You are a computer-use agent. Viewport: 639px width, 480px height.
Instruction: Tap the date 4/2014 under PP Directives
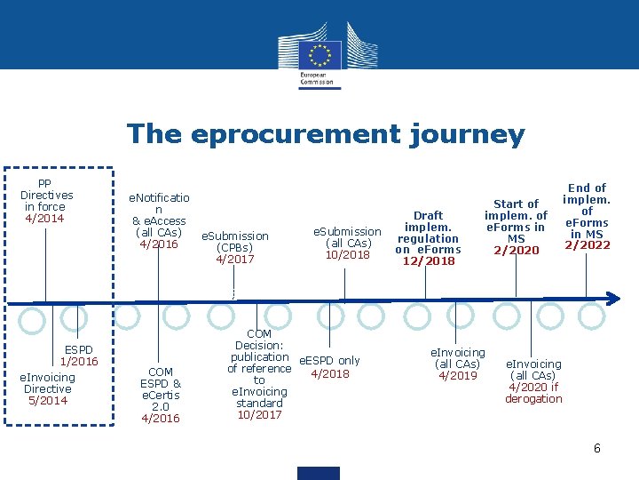coord(44,219)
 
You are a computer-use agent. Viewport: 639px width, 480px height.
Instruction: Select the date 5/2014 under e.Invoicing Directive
coord(47,401)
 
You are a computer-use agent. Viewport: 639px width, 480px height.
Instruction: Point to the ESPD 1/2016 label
coord(79,356)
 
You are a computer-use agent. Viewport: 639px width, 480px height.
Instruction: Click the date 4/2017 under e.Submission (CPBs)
coord(235,260)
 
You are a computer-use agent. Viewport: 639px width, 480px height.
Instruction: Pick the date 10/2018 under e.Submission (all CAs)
coord(347,255)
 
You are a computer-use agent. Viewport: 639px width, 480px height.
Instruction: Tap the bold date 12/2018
coord(428,261)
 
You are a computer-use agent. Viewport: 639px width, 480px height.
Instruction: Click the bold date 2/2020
coord(516,251)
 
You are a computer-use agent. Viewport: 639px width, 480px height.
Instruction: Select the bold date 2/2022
coord(587,245)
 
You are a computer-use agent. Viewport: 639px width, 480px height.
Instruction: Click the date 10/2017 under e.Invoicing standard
coord(259,415)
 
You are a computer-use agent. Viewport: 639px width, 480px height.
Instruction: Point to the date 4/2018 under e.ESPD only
coord(329,374)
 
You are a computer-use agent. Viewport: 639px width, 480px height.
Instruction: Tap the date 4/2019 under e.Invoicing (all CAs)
coord(457,376)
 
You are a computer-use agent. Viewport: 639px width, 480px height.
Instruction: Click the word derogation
coord(533,399)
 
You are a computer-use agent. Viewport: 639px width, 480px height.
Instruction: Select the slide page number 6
coord(597,449)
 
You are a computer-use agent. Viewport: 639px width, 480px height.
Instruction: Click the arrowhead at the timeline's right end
coord(612,299)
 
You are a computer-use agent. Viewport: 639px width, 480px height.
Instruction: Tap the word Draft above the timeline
coord(428,216)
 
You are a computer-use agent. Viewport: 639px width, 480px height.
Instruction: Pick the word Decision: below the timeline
coord(259,346)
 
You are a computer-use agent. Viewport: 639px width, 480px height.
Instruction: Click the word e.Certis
coord(160,395)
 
